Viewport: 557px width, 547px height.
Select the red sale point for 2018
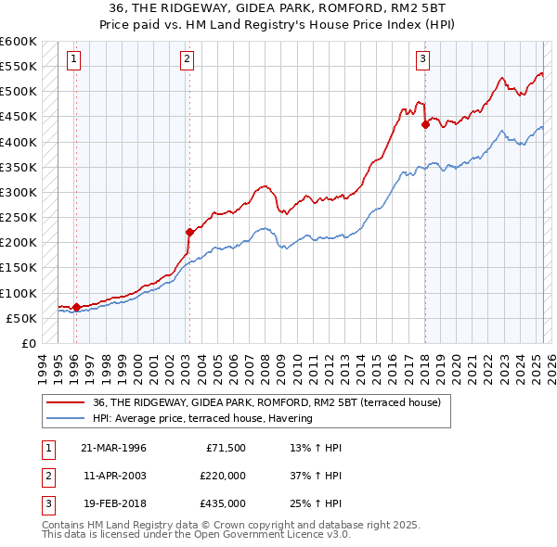pos(424,124)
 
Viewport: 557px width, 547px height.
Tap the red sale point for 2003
pos(188,233)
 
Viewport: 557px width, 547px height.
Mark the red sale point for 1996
pos(75,307)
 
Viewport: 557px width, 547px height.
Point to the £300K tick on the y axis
pos(18,192)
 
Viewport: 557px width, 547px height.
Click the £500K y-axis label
pos(18,91)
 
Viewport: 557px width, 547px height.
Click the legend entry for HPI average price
pos(201,418)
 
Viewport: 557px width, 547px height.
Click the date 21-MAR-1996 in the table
pos(113,447)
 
